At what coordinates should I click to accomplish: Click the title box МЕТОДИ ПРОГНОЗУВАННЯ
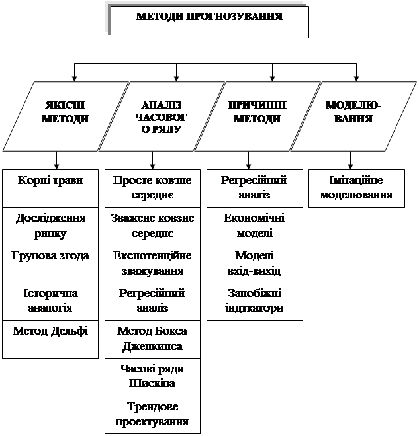tap(209, 22)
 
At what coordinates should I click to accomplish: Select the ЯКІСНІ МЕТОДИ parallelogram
tap(66, 116)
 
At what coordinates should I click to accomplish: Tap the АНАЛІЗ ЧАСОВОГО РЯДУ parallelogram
tap(162, 116)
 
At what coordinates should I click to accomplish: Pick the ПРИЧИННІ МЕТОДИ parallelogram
tap(257, 116)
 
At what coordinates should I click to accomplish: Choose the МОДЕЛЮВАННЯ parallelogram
tap(353, 116)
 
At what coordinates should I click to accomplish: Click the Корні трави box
tap(50, 189)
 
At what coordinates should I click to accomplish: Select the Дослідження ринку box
tap(50, 226)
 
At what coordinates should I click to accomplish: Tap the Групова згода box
tap(50, 264)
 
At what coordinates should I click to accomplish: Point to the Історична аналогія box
tap(50, 302)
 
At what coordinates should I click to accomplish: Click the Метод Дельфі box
tap(50, 339)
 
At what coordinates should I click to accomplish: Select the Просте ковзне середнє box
tap(152, 189)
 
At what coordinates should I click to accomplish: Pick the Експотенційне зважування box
tap(152, 264)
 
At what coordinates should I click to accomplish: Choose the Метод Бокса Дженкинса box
tap(152, 339)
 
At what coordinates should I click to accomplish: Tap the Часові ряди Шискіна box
tap(152, 377)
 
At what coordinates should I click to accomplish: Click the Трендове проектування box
tap(152, 415)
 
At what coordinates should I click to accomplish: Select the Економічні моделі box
tap(255, 226)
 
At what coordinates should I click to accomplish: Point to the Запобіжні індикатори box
tap(255, 302)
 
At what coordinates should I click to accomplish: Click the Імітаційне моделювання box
tap(357, 189)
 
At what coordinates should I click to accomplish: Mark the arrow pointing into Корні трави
tap(56, 161)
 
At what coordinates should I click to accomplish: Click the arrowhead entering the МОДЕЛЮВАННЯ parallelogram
tap(356, 79)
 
